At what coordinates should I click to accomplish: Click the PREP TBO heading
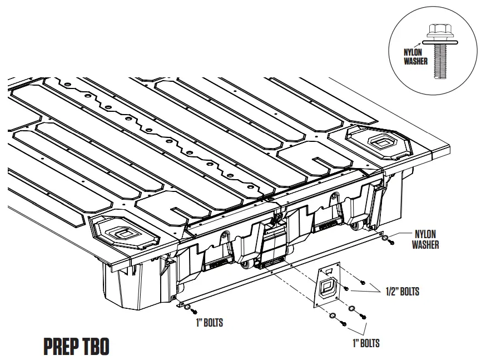76,346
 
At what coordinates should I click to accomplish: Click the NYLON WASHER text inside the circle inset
416,56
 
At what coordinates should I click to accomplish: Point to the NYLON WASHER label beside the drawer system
425,239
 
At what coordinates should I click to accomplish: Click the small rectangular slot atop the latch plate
328,270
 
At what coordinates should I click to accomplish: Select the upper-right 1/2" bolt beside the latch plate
362,282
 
